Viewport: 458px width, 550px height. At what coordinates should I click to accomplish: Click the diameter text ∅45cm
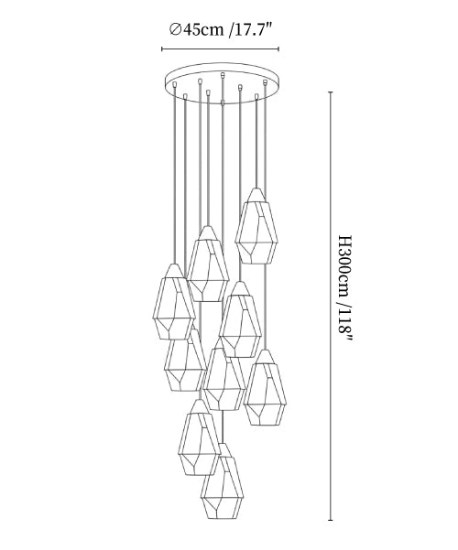coord(196,30)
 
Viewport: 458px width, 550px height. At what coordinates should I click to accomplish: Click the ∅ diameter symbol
coord(175,30)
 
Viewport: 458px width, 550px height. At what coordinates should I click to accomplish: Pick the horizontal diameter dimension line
coord(220,49)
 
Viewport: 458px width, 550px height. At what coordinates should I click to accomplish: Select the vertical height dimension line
coord(331,306)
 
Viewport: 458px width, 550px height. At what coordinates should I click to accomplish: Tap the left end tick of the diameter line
coord(161,49)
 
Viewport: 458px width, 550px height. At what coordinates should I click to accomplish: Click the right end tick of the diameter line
coord(278,49)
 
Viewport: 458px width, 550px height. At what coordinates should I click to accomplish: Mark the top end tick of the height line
coord(331,92)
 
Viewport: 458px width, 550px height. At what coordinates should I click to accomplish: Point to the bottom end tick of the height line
coord(331,520)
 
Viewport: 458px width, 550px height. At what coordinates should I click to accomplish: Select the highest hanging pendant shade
coord(256,226)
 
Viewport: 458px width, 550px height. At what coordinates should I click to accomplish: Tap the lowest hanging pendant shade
coord(223,481)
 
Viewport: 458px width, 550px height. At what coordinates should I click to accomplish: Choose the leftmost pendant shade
coord(174,302)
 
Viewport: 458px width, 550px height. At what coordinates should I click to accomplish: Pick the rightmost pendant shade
coord(266,388)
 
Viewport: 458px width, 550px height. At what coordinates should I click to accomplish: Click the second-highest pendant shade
coord(208,264)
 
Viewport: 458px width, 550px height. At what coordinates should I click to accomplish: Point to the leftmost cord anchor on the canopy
coord(174,84)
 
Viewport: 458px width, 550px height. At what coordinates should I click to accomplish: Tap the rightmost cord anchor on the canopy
coord(265,82)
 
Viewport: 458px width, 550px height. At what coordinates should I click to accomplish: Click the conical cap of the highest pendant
coord(256,195)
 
